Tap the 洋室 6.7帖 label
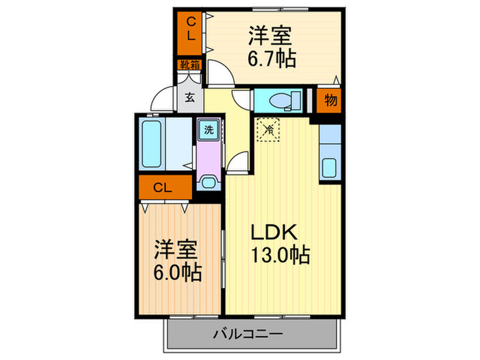point(272,47)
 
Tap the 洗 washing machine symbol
point(206,128)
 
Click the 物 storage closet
point(331,100)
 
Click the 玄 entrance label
point(189,97)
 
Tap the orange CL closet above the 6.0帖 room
point(163,187)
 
